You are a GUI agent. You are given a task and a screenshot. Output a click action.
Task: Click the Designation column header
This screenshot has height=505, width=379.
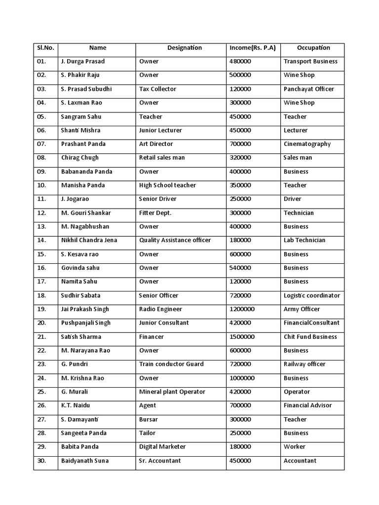click(184, 48)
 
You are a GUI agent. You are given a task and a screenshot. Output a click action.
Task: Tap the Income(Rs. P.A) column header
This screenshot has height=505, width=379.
click(253, 48)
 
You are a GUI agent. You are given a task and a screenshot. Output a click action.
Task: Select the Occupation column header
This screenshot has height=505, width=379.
click(313, 48)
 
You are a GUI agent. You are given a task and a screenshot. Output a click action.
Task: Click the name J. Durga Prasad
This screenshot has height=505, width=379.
click(83, 62)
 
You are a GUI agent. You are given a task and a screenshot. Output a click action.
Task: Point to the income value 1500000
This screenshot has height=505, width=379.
click(242, 337)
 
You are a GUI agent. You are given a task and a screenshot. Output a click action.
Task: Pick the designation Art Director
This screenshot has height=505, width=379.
click(156, 144)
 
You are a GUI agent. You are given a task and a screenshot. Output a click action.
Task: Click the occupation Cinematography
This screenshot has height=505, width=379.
click(307, 144)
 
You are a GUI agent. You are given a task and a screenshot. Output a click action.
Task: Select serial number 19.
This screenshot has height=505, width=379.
click(41, 309)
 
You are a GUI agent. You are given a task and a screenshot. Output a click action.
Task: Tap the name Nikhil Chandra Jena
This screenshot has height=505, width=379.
click(89, 240)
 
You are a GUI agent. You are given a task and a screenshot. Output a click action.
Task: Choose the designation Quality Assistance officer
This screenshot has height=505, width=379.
click(175, 240)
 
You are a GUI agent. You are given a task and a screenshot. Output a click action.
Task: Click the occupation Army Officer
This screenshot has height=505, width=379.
click(302, 309)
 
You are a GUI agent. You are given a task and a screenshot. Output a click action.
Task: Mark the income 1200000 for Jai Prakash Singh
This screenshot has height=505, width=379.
click(242, 309)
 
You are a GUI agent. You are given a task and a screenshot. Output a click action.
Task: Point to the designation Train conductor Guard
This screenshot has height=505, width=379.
click(171, 364)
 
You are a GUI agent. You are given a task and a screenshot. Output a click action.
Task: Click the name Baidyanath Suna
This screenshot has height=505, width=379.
click(85, 461)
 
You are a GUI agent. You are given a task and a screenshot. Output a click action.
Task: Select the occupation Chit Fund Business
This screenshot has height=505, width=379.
click(310, 337)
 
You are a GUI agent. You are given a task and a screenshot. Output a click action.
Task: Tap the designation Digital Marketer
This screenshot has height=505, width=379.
click(162, 447)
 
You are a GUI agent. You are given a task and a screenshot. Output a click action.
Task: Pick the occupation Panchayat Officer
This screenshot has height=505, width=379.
click(308, 89)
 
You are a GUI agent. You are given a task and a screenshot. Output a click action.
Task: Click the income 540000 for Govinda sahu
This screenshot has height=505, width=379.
click(240, 268)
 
